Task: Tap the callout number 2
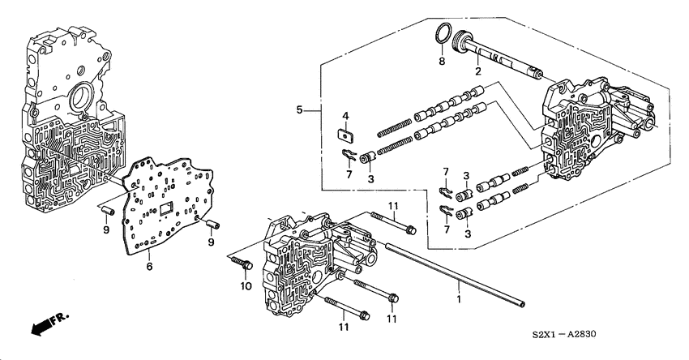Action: (478, 73)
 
